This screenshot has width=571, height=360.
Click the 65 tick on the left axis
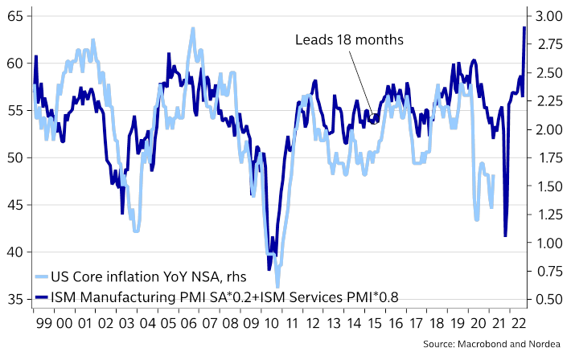pos(15,16)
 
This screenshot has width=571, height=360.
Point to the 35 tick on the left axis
pos(15,300)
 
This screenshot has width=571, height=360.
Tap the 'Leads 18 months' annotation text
pos(348,40)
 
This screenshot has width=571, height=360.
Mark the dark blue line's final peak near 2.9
pos(524,27)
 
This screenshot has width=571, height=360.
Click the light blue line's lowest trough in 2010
pos(277,286)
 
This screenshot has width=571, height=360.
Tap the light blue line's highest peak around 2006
pos(193,29)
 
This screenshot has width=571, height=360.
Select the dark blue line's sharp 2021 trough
pos(505,235)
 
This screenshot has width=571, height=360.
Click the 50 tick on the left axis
pos(15,157)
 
